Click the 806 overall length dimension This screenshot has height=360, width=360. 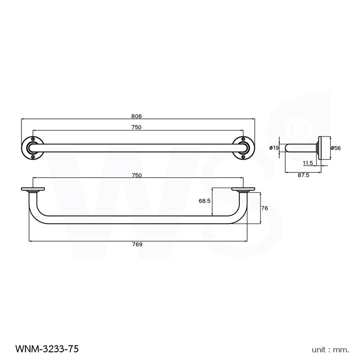(x=136, y=116)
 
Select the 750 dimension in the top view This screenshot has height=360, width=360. (x=136, y=127)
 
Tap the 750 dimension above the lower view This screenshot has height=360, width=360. (x=136, y=175)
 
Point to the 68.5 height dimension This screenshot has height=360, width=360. (x=204, y=201)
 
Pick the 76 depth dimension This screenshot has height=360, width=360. (x=265, y=208)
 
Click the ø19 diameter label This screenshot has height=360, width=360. (x=274, y=148)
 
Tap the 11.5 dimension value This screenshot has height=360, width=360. (x=307, y=163)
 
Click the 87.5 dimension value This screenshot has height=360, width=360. (x=303, y=176)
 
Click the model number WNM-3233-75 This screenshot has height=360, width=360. (x=47, y=348)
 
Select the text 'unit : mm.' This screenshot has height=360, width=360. (x=330, y=349)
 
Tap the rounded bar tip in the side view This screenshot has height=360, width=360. (x=287, y=148)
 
